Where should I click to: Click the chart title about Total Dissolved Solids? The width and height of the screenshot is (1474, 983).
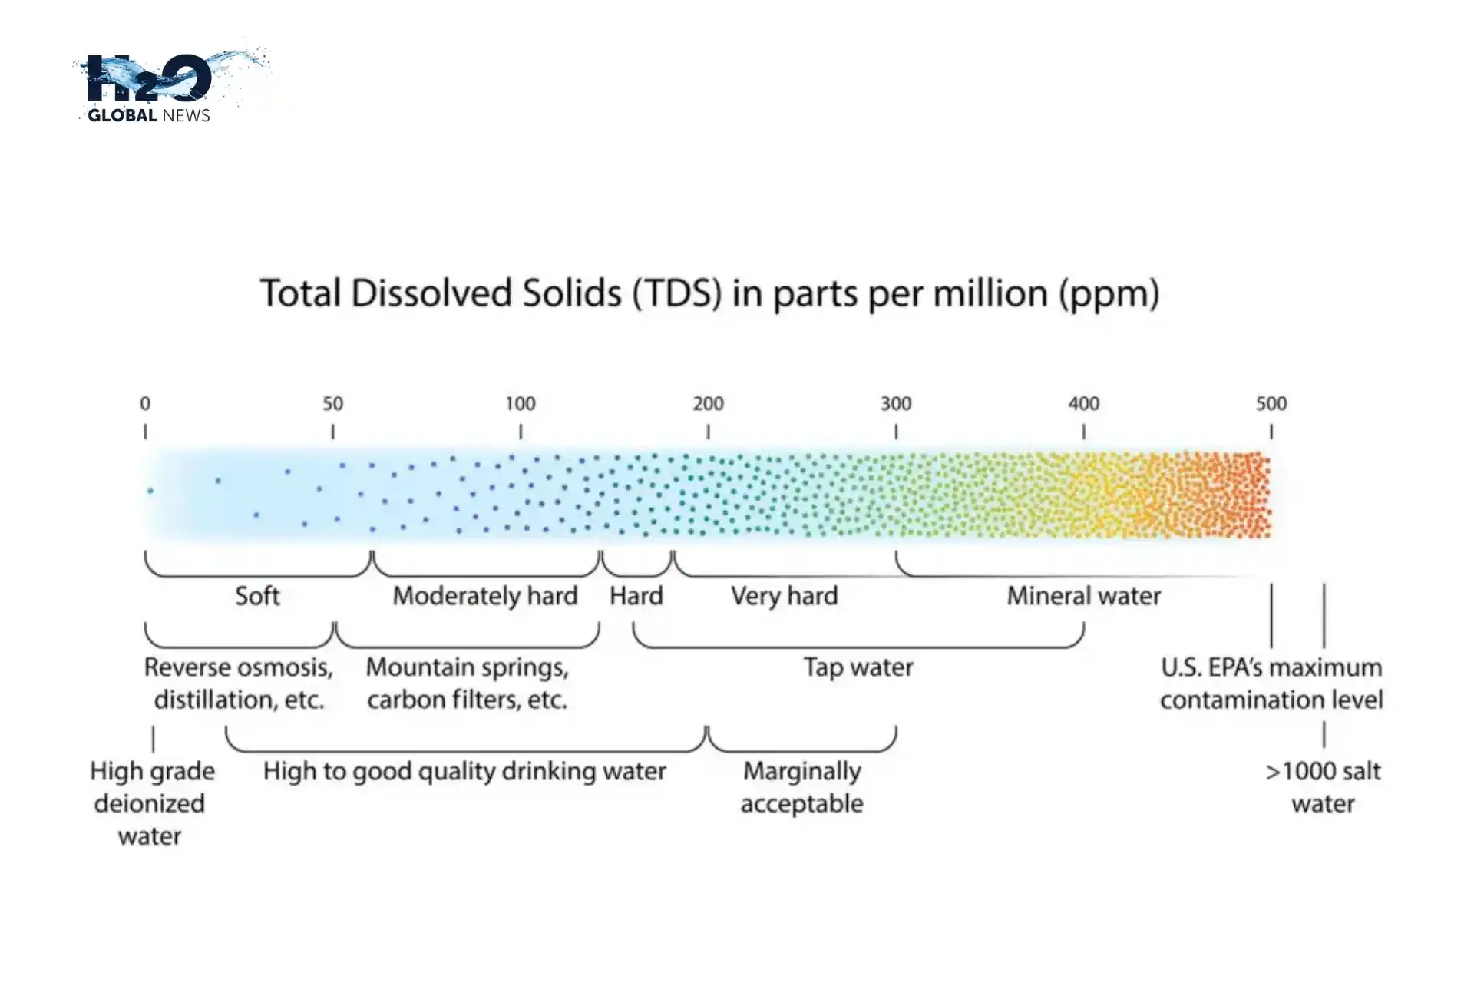pyautogui.click(x=709, y=293)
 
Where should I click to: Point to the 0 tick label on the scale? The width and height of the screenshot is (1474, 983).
pyautogui.click(x=145, y=404)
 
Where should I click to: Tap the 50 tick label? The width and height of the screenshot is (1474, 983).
pyautogui.click(x=332, y=404)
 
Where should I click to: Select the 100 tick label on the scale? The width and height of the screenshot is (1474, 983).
pyautogui.click(x=521, y=404)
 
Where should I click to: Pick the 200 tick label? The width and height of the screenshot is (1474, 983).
pyautogui.click(x=708, y=404)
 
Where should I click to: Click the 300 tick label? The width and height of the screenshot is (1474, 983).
pyautogui.click(x=896, y=404)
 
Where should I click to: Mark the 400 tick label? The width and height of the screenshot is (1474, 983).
pyautogui.click(x=1083, y=404)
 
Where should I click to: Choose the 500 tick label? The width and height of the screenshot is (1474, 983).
pyautogui.click(x=1271, y=404)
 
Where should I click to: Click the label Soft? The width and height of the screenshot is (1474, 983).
pyautogui.click(x=257, y=596)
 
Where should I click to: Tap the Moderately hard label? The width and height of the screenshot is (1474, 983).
pyautogui.click(x=485, y=596)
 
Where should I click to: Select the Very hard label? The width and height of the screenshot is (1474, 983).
pyautogui.click(x=784, y=596)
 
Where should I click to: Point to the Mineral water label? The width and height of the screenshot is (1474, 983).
pyautogui.click(x=1083, y=596)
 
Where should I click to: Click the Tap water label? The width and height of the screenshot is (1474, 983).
pyautogui.click(x=858, y=667)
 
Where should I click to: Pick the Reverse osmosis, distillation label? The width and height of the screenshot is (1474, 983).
pyautogui.click(x=239, y=683)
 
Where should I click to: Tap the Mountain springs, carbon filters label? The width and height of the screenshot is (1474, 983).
pyautogui.click(x=468, y=683)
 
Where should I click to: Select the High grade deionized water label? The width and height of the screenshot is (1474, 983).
pyautogui.click(x=151, y=803)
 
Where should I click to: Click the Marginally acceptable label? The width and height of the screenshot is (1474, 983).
pyautogui.click(x=802, y=787)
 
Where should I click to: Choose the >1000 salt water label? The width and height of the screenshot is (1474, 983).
pyautogui.click(x=1323, y=787)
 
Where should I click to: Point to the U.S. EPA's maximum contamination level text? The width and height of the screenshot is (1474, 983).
pyautogui.click(x=1271, y=683)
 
